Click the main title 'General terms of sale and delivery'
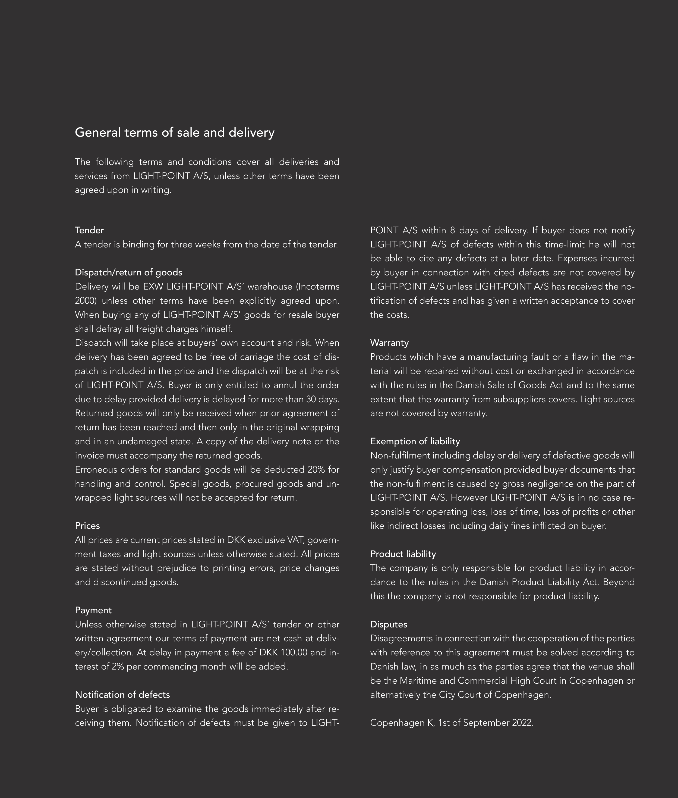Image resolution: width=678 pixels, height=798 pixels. click(x=175, y=133)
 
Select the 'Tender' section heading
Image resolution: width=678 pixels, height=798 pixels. click(x=89, y=230)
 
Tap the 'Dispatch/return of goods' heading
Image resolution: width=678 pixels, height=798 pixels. click(x=128, y=272)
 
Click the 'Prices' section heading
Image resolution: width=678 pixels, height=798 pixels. click(x=87, y=526)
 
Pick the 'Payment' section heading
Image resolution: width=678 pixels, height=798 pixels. click(x=93, y=610)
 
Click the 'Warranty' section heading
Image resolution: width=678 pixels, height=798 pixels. click(x=389, y=343)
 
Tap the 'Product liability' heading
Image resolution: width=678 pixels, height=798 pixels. click(x=403, y=554)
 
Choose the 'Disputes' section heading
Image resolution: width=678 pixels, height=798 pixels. click(x=389, y=624)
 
